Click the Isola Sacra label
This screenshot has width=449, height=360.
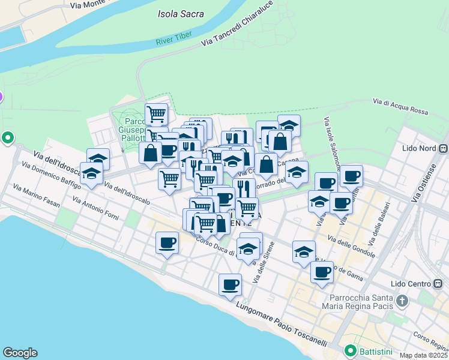(x=181, y=14)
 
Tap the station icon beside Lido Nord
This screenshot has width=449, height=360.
(x=444, y=149)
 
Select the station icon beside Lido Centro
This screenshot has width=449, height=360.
(x=444, y=283)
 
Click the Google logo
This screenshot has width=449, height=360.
(x=20, y=353)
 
